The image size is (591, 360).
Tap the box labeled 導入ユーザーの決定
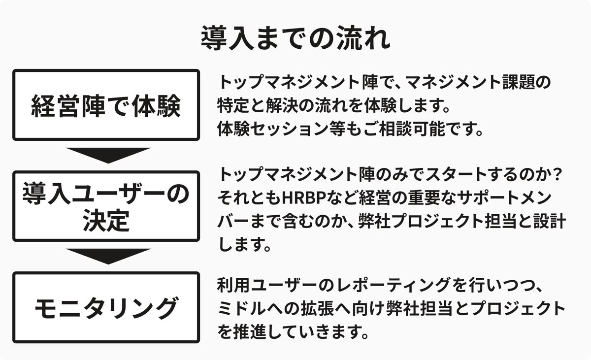pyautogui.click(x=106, y=206)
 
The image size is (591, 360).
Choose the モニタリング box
pyautogui.click(x=106, y=307)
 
